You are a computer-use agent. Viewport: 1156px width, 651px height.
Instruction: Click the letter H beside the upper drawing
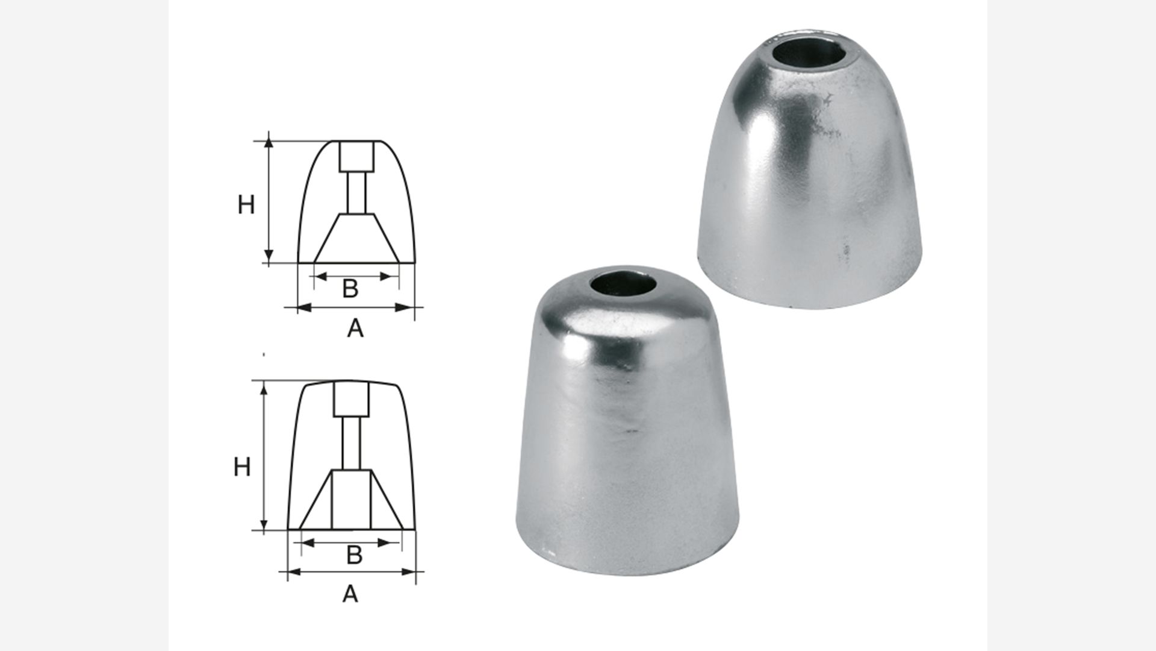point(246,206)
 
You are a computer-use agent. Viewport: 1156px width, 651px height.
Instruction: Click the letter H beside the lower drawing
point(242,467)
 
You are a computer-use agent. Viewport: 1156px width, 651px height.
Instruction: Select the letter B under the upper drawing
point(350,289)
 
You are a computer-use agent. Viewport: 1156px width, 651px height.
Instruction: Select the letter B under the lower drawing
point(355,555)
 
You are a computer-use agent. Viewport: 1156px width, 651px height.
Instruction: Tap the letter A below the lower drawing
point(350,594)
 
